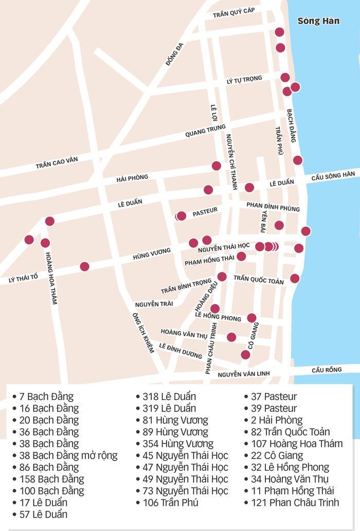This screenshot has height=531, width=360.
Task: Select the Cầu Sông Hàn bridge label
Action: point(333,176)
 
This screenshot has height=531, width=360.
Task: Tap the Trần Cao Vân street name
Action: point(57,163)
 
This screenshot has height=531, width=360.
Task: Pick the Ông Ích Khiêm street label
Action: point(143,333)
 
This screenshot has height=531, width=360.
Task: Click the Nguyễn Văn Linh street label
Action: point(243,375)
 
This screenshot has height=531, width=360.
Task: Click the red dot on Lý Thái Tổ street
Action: point(84,266)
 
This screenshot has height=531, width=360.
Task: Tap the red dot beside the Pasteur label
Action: point(181,216)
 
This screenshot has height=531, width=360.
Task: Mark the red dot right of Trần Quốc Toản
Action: point(295,279)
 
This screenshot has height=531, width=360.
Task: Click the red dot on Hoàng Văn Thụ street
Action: point(231,337)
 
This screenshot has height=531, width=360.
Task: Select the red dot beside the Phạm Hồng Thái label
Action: point(241,257)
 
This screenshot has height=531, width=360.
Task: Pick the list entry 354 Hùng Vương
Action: point(177,444)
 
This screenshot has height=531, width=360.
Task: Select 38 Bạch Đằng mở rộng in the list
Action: point(68,455)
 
